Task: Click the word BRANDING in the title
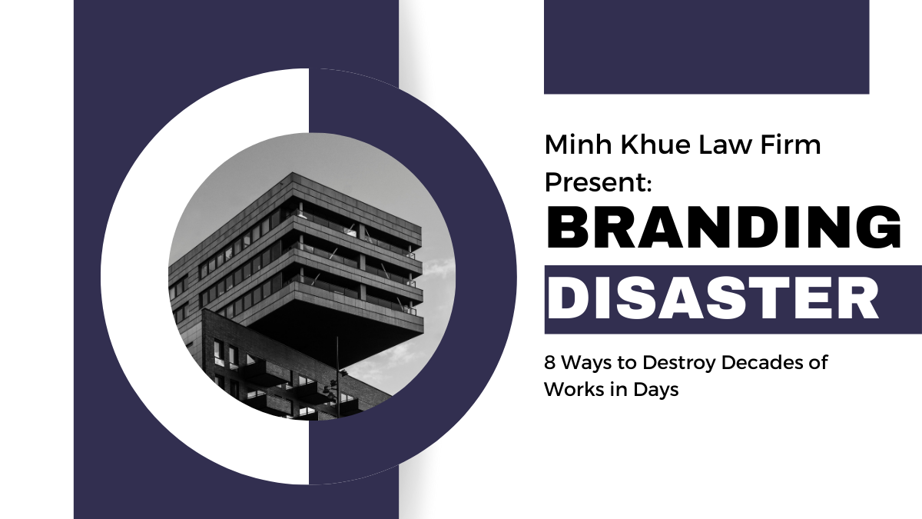[723, 229]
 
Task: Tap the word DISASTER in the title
[712, 300]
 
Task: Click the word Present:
[599, 183]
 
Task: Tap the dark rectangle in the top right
[706, 47]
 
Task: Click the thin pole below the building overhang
[337, 369]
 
